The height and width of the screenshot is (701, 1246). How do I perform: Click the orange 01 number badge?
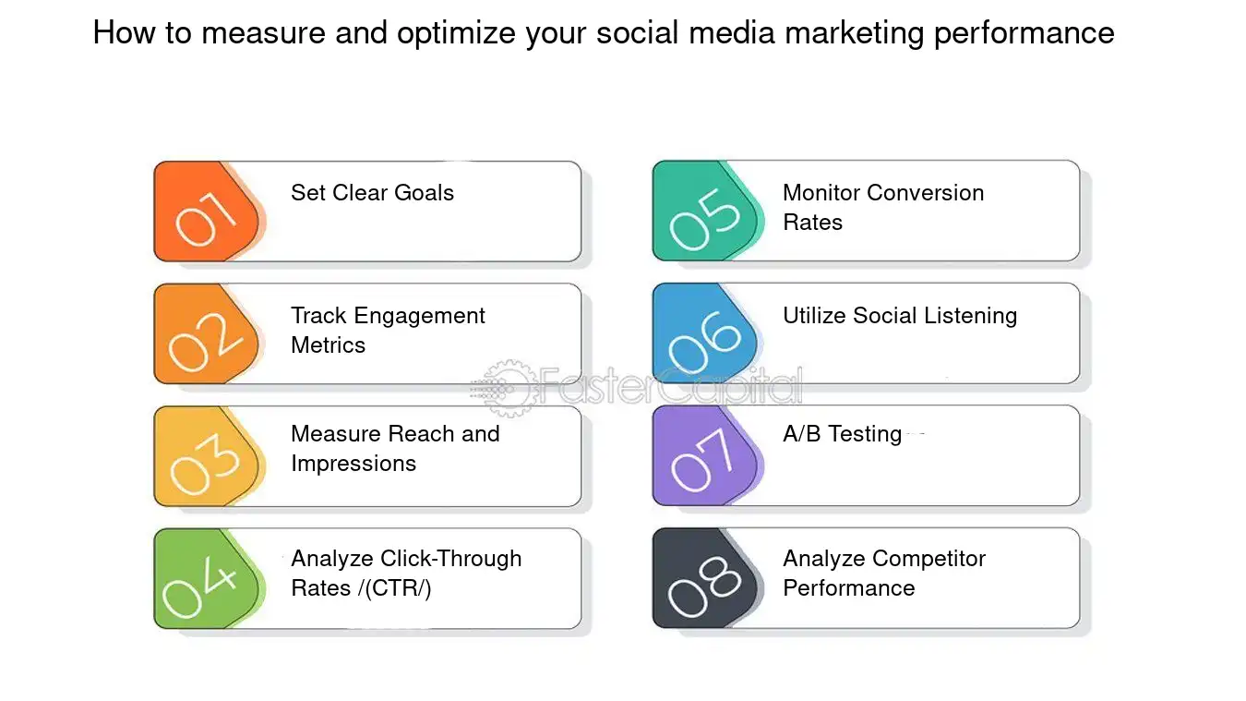pos(207,212)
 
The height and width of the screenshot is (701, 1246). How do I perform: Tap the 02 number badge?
pos(207,334)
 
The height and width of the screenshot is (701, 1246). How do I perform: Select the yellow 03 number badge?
pos(207,456)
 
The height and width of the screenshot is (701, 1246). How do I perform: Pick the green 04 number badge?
pos(207,579)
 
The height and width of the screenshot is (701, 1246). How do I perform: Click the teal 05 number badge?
pos(705,211)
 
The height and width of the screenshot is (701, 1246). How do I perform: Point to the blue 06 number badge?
pos(705,333)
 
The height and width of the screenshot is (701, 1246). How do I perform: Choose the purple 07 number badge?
pos(705,456)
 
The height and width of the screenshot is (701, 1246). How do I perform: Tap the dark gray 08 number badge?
pos(705,578)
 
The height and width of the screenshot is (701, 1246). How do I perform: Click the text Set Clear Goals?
pos(373,193)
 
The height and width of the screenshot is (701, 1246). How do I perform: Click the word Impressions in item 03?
pos(353,465)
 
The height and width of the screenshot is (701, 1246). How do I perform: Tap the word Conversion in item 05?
pos(926,193)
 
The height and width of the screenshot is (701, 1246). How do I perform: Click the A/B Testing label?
pos(842,434)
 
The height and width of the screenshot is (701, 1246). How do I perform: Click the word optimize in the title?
pos(457,33)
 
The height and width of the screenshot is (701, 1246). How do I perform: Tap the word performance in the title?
pos(1024,33)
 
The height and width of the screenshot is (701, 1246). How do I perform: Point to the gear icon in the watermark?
pos(508,388)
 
